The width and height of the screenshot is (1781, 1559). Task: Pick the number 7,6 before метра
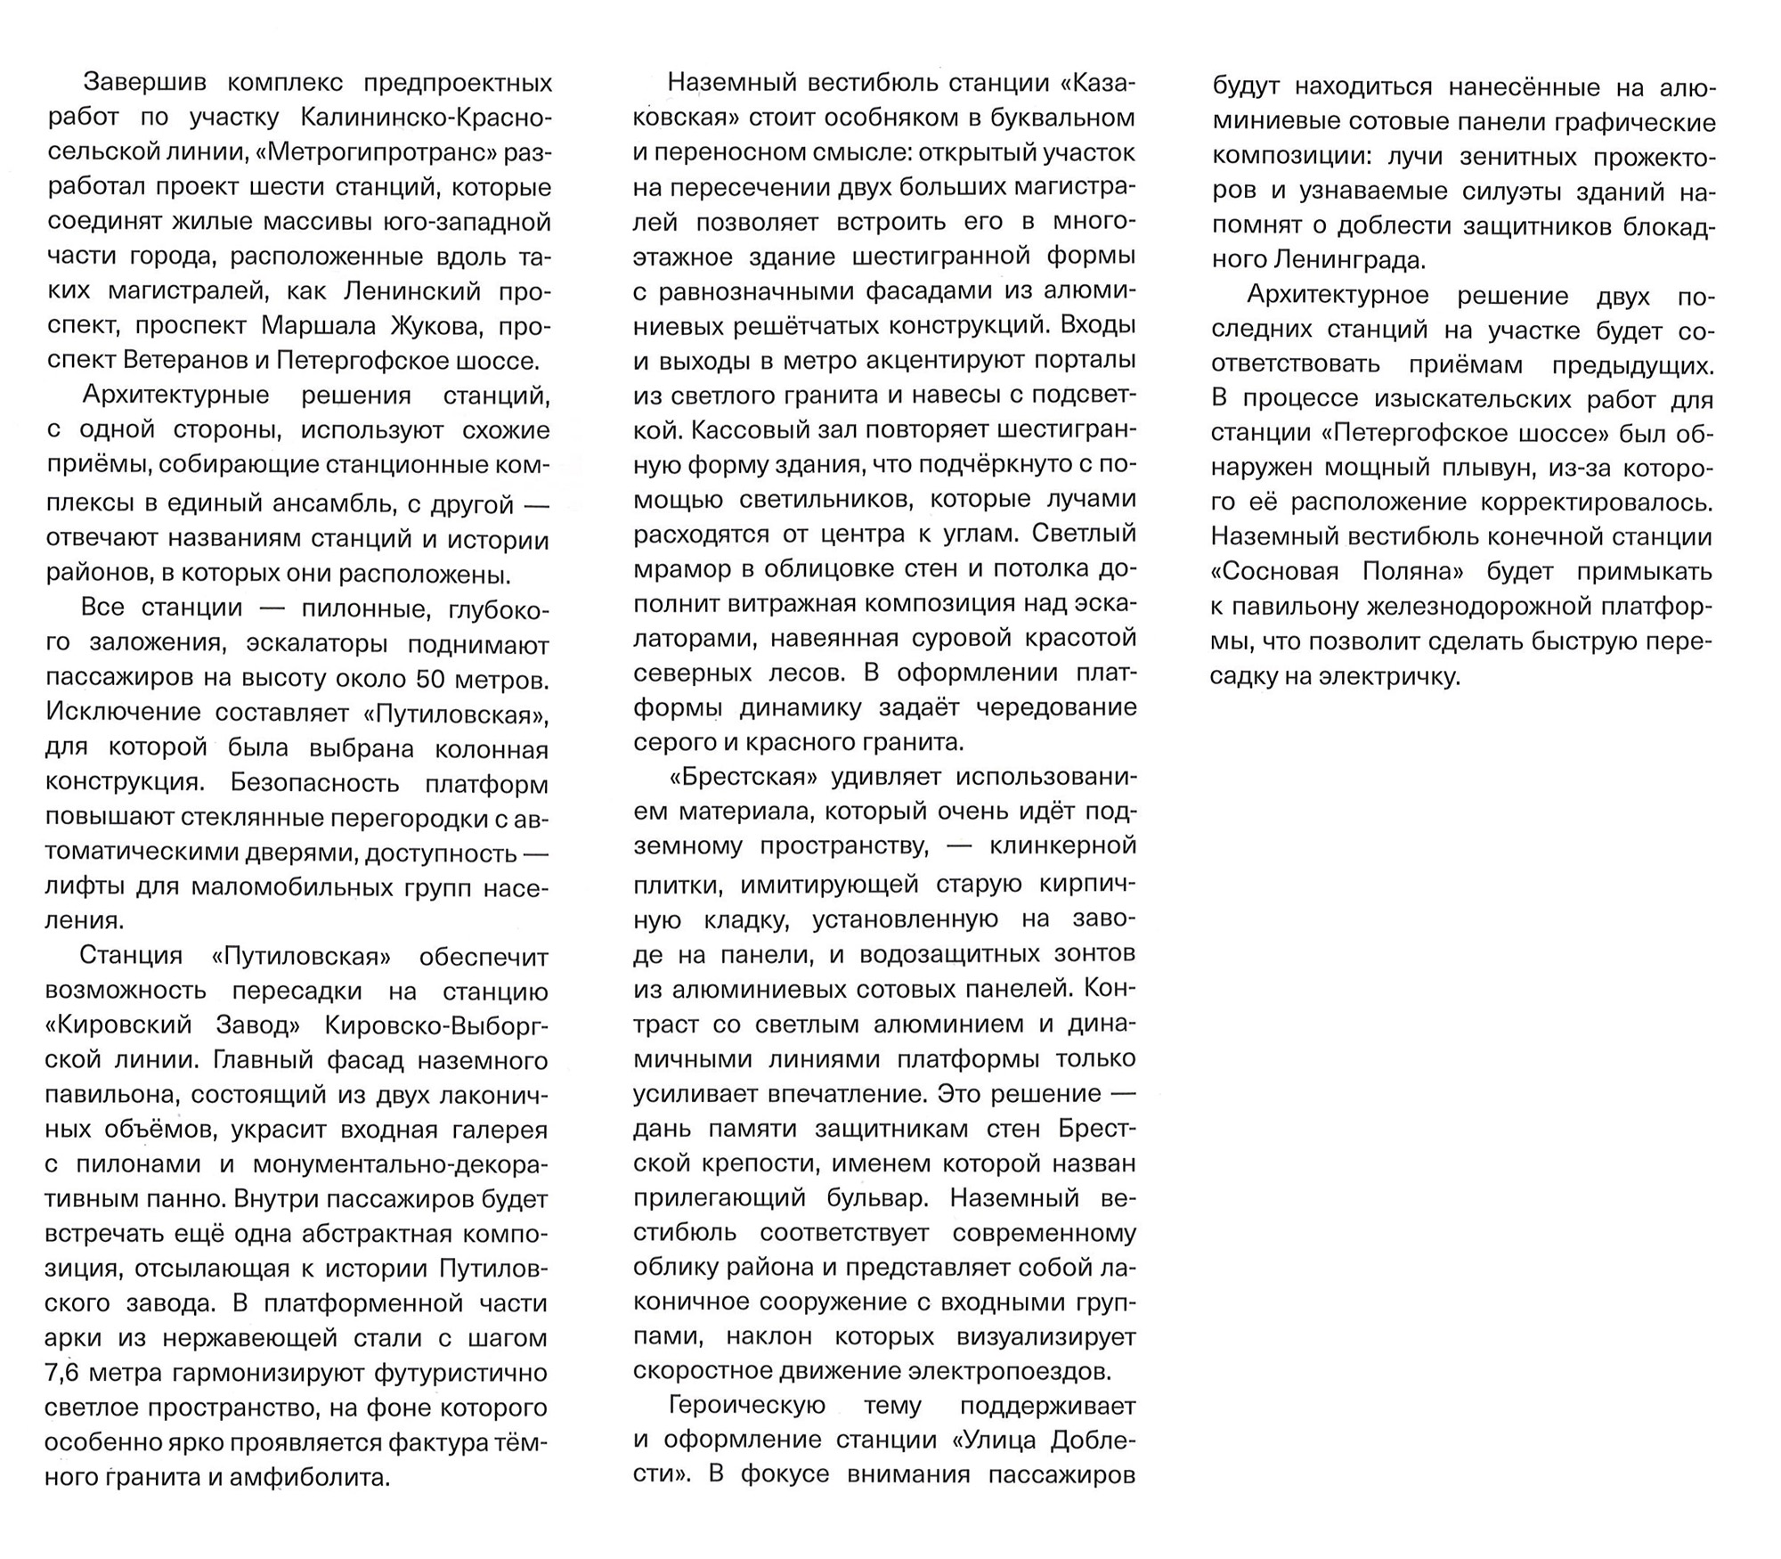(63, 1373)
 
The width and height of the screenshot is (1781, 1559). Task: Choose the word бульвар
(862, 1198)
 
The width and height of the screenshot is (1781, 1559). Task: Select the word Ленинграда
(1349, 260)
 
